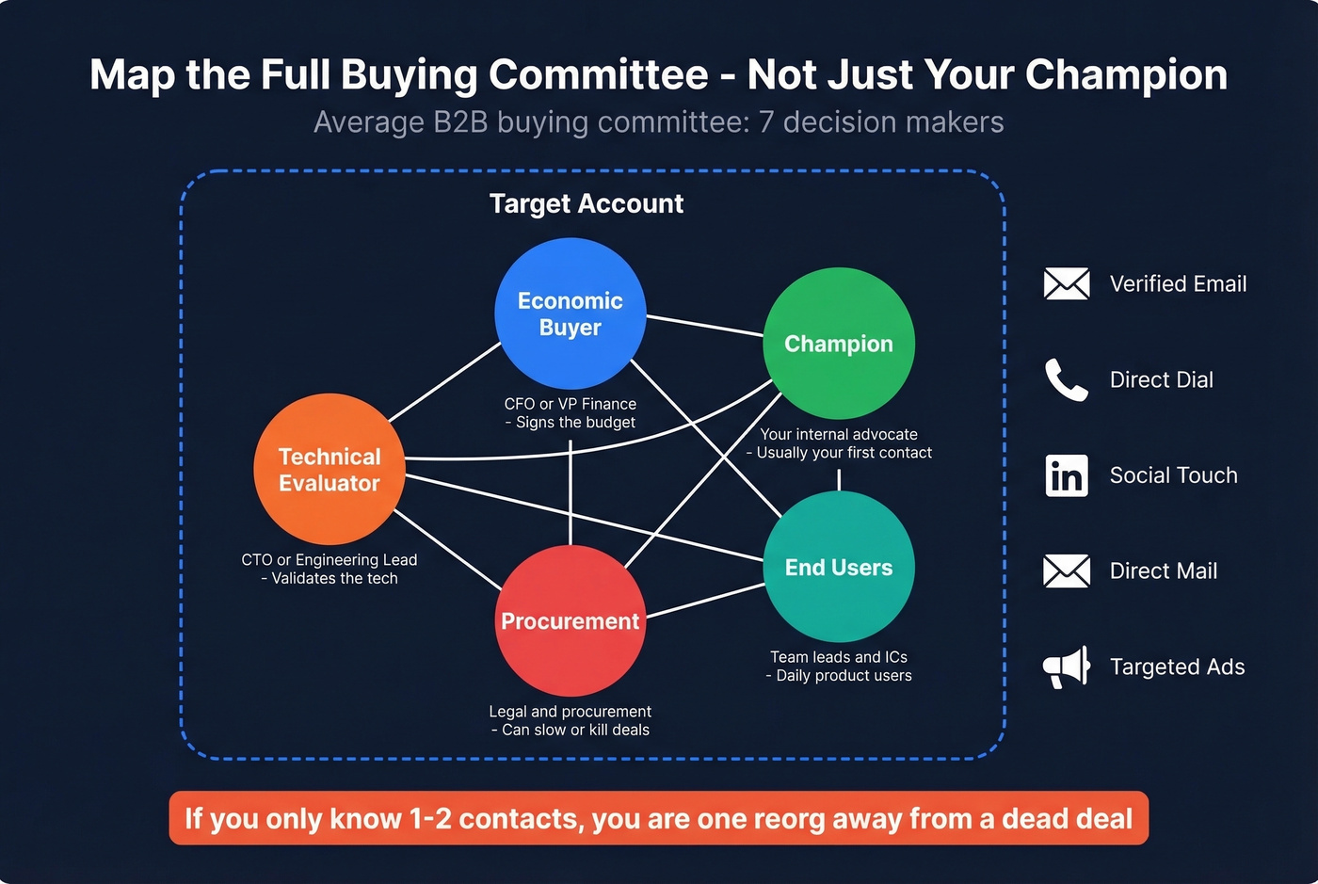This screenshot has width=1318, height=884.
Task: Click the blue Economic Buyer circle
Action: pos(571,313)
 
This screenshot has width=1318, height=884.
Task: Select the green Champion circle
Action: pos(839,344)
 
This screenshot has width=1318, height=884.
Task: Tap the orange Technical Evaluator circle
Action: pos(329,470)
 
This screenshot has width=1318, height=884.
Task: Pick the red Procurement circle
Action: pos(571,621)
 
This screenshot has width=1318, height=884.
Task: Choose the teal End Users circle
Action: pos(839,567)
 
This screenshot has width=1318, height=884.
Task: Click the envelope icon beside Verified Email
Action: pos(1067,283)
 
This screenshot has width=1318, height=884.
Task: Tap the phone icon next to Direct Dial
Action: pos(1067,379)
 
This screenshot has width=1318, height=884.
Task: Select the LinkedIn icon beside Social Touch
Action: pos(1067,475)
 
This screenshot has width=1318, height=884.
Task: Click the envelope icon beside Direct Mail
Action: pos(1067,571)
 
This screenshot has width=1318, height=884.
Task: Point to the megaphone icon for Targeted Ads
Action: pos(1067,667)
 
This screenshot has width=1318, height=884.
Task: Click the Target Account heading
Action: pos(587,203)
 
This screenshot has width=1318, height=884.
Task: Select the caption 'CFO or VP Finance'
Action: pos(571,404)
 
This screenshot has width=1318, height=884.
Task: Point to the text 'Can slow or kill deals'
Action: pos(575,730)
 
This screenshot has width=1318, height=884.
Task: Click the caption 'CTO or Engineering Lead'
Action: pos(329,559)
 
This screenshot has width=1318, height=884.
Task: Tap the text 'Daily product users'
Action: pos(844,675)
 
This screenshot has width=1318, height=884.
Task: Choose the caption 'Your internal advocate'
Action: pos(839,434)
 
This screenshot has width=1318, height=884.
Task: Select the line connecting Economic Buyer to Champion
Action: pos(704,325)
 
